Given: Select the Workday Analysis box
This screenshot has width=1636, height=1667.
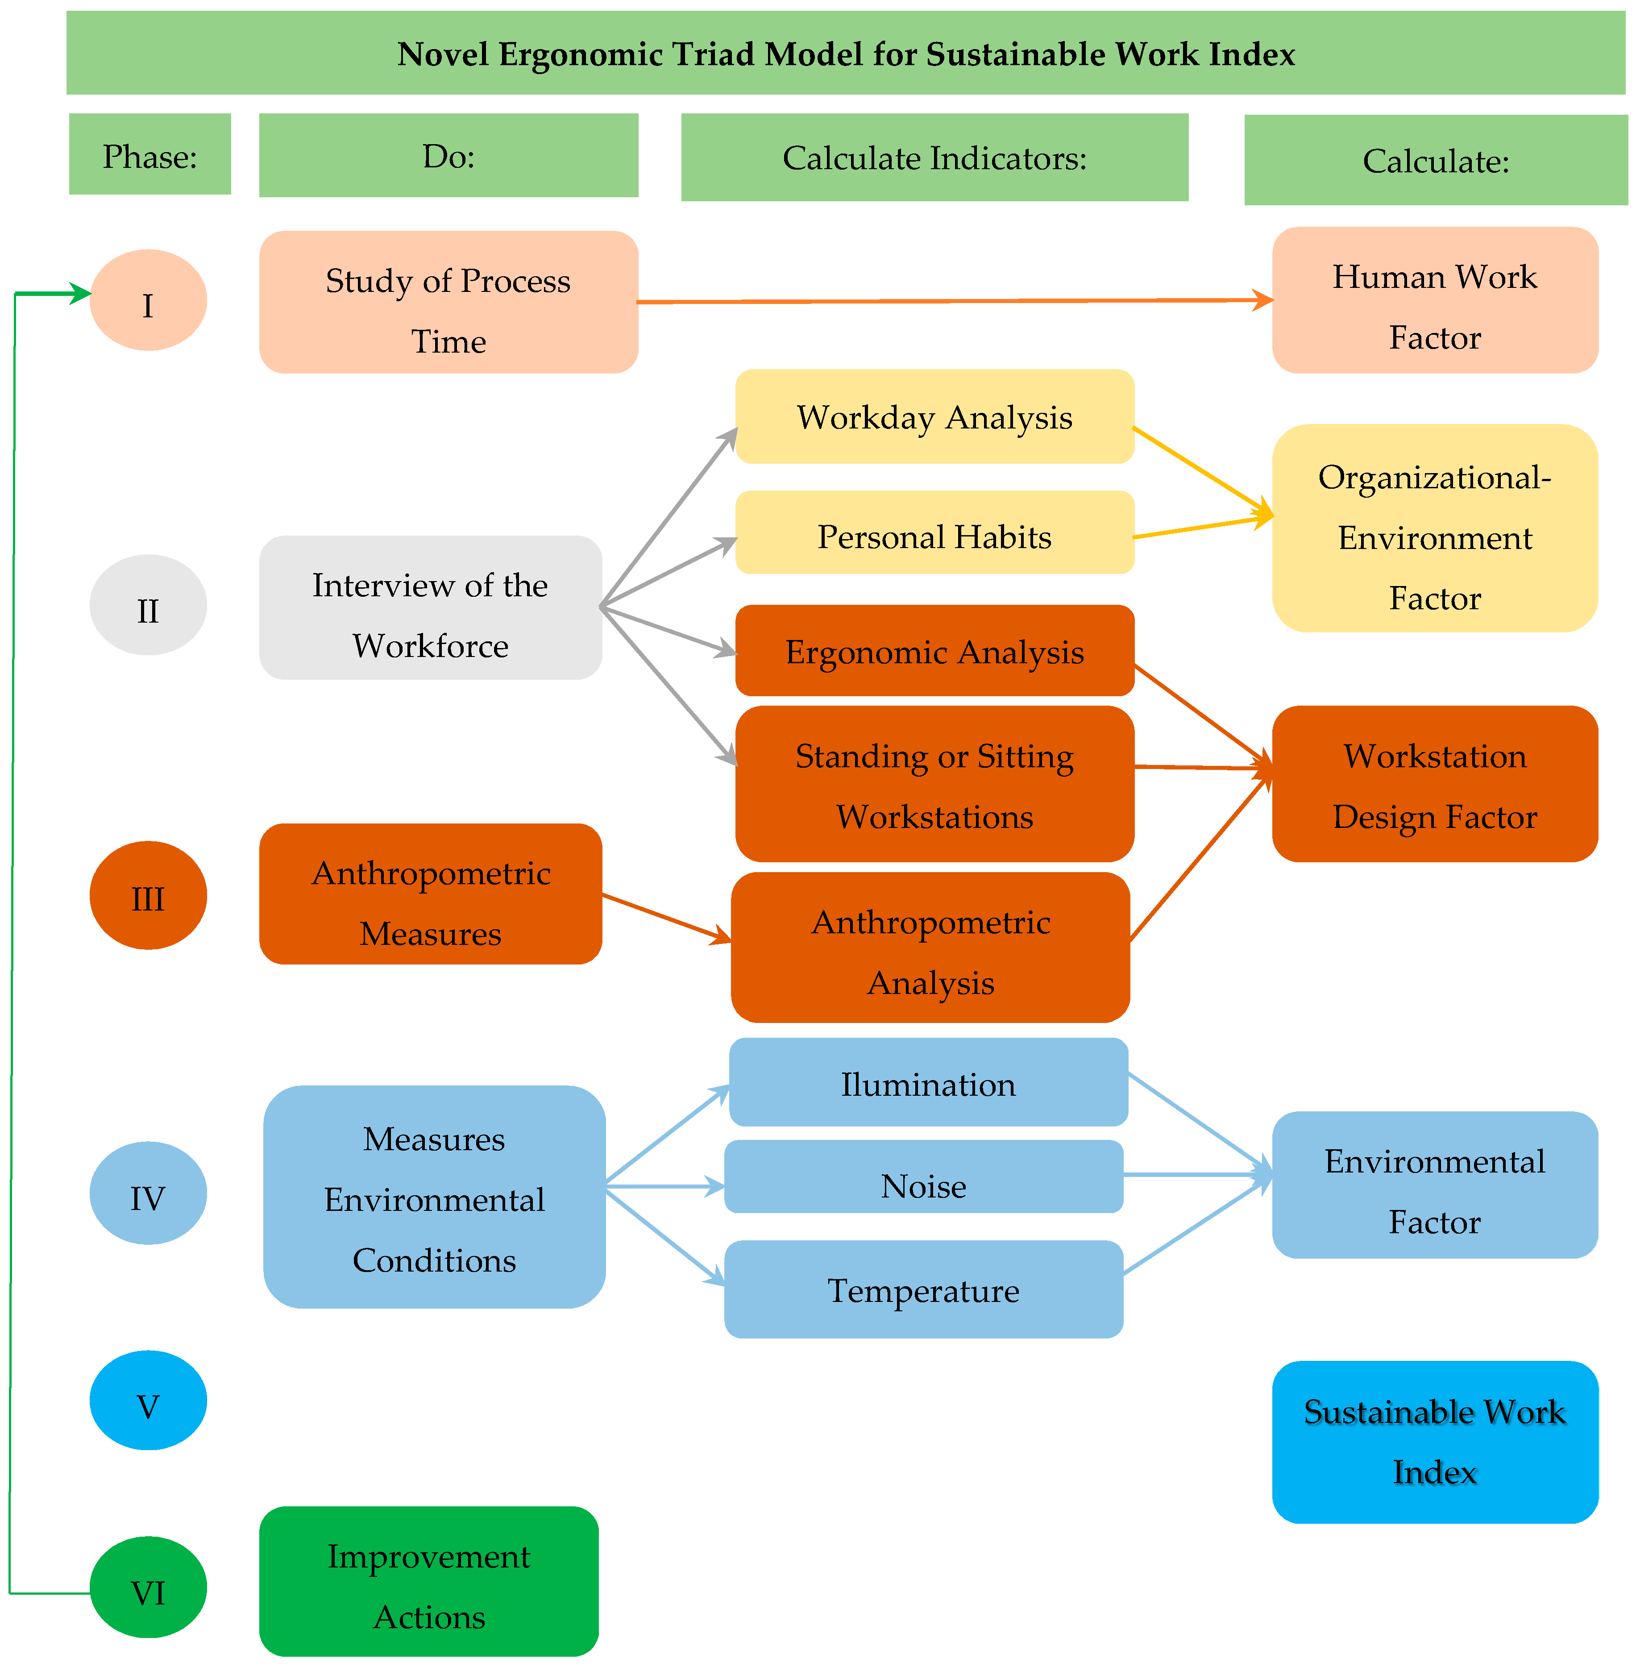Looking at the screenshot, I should (x=934, y=417).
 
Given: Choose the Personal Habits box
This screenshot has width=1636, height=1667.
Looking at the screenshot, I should (x=934, y=533).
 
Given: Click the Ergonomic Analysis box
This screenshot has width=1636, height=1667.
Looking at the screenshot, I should (x=934, y=650).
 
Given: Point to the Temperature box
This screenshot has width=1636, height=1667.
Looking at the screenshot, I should (x=924, y=1289).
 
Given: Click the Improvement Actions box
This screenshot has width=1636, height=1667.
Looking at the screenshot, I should (x=429, y=1580).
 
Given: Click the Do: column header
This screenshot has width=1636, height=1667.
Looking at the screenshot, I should (x=448, y=155).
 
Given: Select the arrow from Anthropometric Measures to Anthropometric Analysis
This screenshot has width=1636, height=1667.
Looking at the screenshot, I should (x=666, y=917).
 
